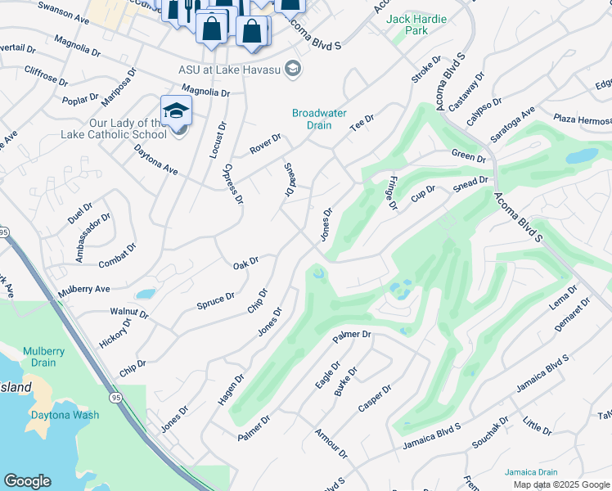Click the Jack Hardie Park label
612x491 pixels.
[407, 25]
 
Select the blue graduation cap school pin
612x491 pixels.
[176, 111]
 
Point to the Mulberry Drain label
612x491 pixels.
[43, 355]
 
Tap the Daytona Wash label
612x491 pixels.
[65, 415]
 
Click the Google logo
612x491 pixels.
[27, 481]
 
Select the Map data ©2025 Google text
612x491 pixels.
[560, 484]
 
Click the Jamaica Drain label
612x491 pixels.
[530, 472]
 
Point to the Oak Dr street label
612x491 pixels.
[245, 263]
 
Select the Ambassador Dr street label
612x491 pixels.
[92, 238]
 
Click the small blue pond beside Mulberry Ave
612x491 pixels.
[146, 294]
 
